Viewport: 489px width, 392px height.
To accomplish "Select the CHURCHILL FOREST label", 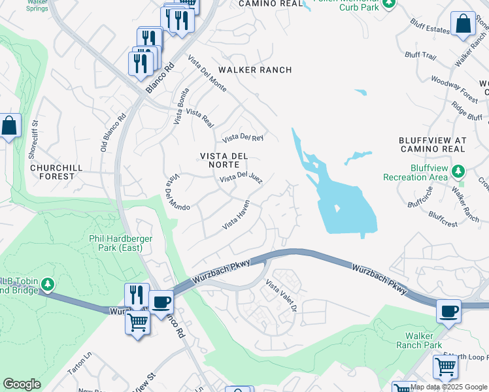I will click(x=57, y=172).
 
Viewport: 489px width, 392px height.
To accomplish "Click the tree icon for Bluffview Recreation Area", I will click(x=459, y=171).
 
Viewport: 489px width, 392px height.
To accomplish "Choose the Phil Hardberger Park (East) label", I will click(x=121, y=243).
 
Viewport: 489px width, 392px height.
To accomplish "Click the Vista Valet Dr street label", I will click(x=282, y=295).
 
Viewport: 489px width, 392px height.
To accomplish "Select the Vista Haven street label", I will click(x=237, y=215).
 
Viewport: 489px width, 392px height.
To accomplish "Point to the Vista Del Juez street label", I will click(x=241, y=178).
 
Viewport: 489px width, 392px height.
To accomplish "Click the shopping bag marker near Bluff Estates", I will click(x=463, y=24).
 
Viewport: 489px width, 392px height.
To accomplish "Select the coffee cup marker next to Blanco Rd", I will click(x=161, y=302).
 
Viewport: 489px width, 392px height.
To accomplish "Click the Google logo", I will click(x=22, y=384).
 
